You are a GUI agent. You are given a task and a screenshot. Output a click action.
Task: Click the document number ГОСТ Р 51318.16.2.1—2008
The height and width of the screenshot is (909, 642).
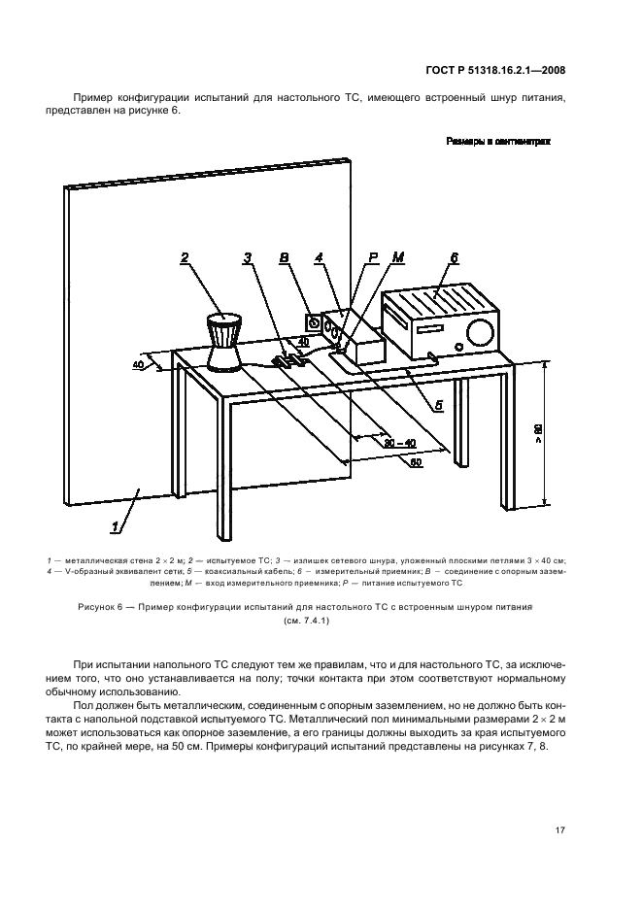(495, 70)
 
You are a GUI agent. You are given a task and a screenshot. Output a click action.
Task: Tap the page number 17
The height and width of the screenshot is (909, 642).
(560, 830)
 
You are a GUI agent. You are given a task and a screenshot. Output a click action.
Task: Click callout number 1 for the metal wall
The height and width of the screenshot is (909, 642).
(117, 527)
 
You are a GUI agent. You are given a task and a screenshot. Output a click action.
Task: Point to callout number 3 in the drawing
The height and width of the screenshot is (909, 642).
(248, 257)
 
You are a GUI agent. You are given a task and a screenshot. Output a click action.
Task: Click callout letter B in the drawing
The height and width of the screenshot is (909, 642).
(283, 257)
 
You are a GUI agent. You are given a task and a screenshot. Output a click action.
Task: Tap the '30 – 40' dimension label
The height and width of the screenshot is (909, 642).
(398, 444)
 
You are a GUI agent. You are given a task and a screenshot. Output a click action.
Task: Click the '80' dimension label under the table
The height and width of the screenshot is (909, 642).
(416, 462)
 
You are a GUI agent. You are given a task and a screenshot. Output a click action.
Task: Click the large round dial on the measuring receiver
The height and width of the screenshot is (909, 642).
(478, 332)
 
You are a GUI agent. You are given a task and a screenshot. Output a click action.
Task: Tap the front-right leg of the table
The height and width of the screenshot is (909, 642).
(225, 456)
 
